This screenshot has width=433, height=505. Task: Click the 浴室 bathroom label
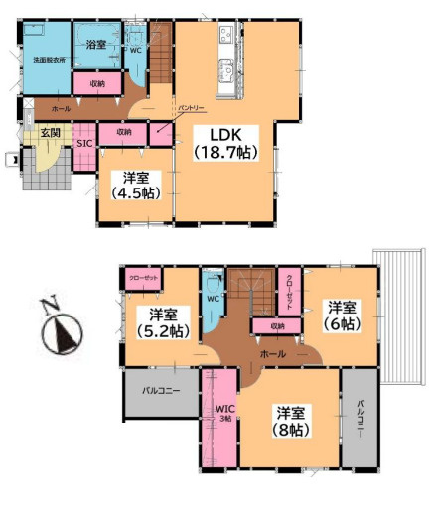pyautogui.click(x=96, y=45)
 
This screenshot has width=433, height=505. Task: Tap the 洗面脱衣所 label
pyautogui.click(x=47, y=62)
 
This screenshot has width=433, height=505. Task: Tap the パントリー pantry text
pyautogui.click(x=192, y=105)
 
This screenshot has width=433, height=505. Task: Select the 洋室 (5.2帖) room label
pyautogui.click(x=158, y=324)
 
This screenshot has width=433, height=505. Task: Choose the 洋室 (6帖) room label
pyautogui.click(x=340, y=315)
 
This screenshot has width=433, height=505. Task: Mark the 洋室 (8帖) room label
pyautogui.click(x=289, y=421)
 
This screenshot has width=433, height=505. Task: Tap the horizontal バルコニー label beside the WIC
pyautogui.click(x=160, y=392)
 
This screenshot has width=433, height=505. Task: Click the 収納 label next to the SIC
pyautogui.click(x=123, y=131)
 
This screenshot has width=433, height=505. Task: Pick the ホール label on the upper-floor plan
pyautogui.click(x=274, y=353)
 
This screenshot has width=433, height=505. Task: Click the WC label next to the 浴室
pyautogui.click(x=136, y=49)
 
